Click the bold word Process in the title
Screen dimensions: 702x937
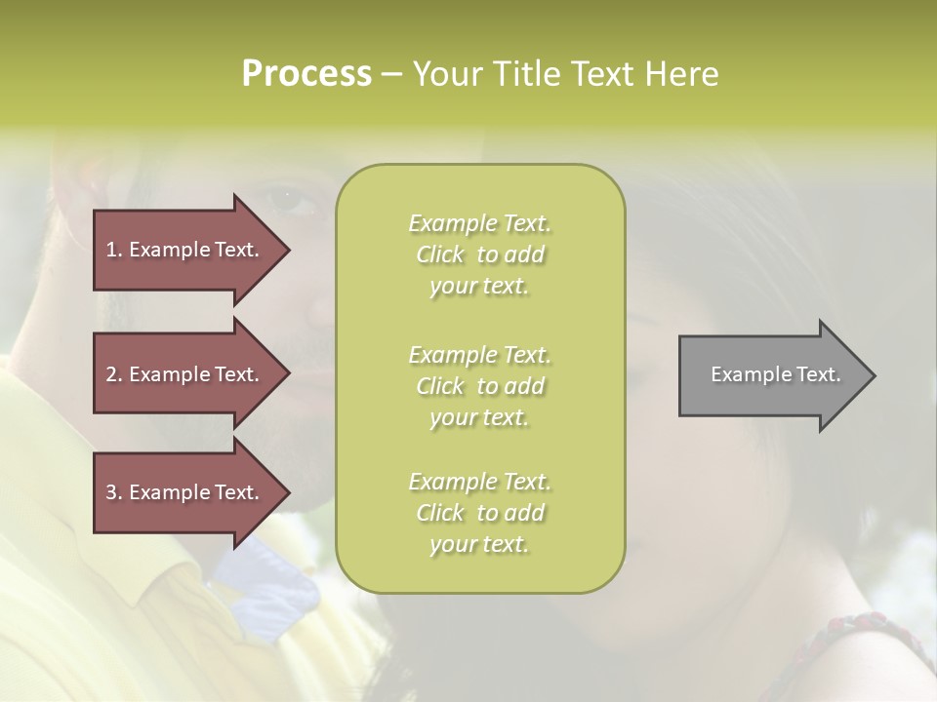click(x=306, y=74)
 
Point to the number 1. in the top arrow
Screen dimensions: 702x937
click(x=114, y=250)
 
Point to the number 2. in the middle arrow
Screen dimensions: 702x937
click(x=114, y=374)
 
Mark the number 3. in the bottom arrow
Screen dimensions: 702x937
click(x=114, y=492)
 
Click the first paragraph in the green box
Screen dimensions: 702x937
click(x=479, y=254)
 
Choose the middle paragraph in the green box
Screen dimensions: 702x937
click(x=479, y=386)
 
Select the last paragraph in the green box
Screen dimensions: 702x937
click(x=479, y=513)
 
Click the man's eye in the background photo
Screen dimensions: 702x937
click(x=290, y=197)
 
